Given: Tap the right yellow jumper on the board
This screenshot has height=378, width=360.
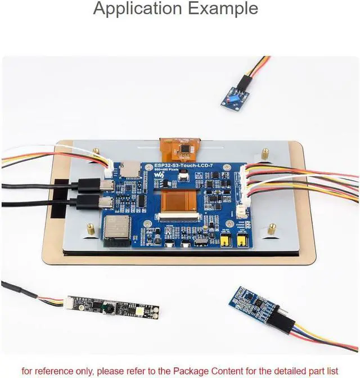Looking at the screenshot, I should (243, 241).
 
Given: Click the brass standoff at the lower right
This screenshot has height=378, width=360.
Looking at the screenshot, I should (271, 228).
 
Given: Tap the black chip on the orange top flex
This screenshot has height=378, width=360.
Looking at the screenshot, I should (183, 150).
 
